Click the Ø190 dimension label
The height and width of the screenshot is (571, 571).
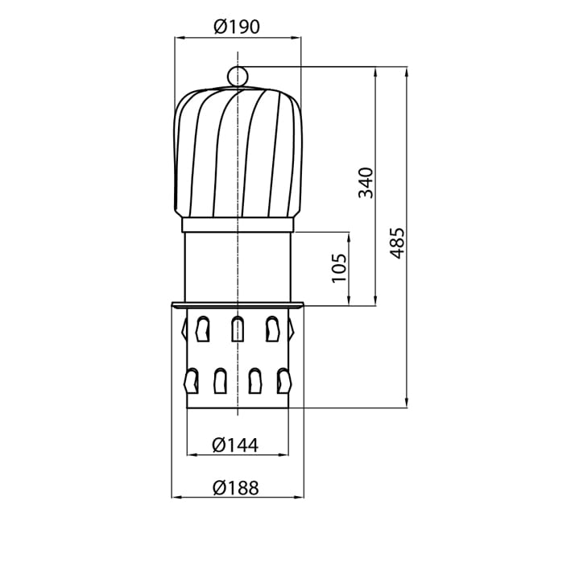237,27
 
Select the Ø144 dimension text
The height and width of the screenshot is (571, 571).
235,445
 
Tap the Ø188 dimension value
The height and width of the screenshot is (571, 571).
236,487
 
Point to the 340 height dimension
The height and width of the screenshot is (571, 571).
366,183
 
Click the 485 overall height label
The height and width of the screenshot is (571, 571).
397,243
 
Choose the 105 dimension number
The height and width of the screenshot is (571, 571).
339,268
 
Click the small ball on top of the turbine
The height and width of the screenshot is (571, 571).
238,77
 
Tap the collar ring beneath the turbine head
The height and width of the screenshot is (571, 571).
238,225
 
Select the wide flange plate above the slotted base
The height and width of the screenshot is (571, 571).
238,304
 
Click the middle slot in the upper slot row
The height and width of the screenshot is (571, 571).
238,329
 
